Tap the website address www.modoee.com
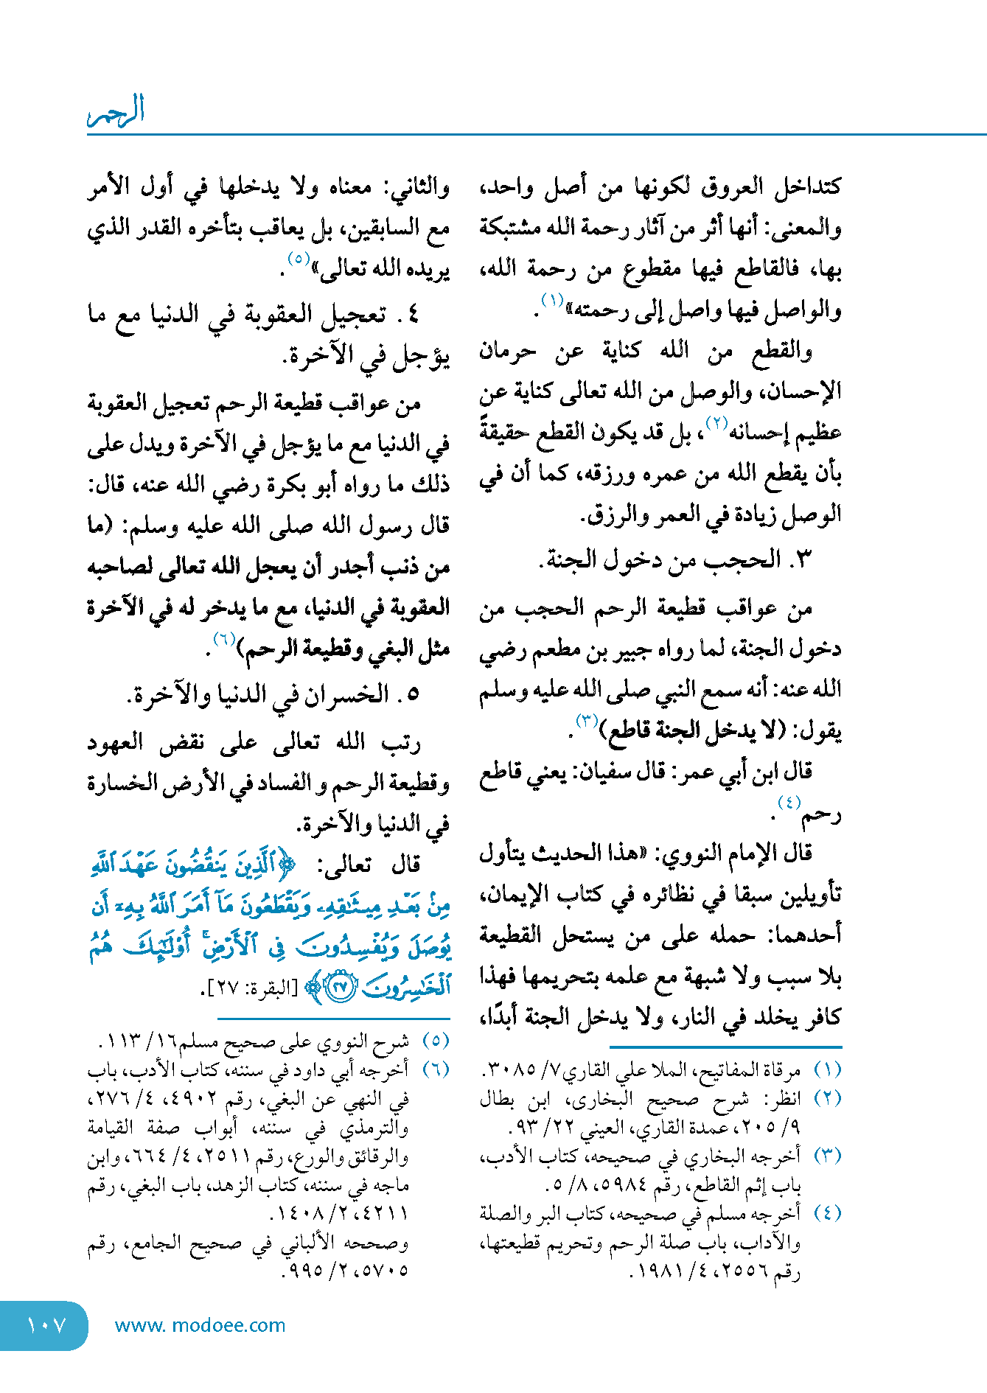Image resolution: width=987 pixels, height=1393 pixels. coord(200,1325)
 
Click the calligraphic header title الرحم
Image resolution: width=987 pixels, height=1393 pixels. coord(116,111)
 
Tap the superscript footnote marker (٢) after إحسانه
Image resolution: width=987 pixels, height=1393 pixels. coord(717,423)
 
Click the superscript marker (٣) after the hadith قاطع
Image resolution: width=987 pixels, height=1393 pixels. coord(587,720)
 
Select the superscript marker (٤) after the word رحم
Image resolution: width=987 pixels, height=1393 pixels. coord(789,803)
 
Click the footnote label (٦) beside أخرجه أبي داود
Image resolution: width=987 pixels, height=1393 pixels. coord(435,1069)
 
